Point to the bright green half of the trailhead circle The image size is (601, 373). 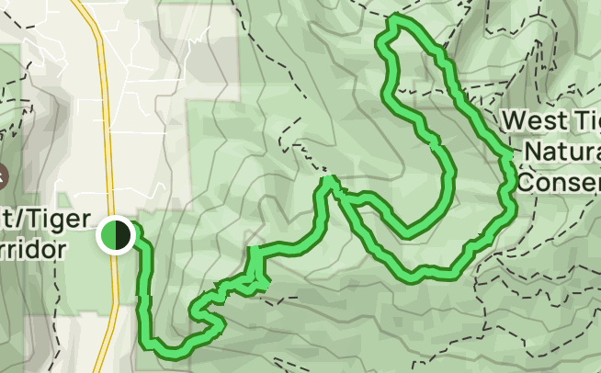(x=109, y=234)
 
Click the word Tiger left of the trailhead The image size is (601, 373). (x=62, y=220)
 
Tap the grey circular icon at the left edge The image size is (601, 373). (x=2, y=174)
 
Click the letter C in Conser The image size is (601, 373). (x=526, y=180)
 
